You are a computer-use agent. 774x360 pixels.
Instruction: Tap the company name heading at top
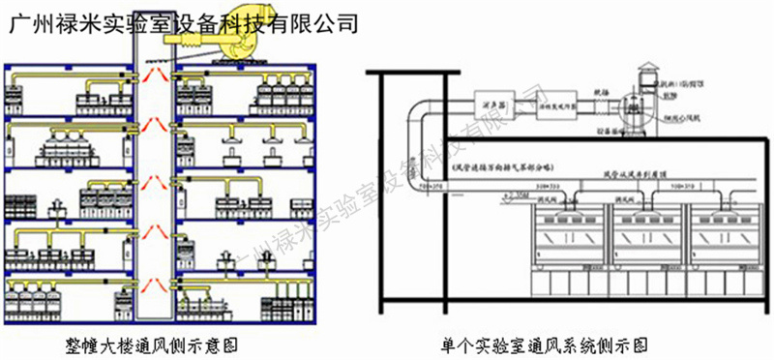pyautogui.click(x=184, y=20)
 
